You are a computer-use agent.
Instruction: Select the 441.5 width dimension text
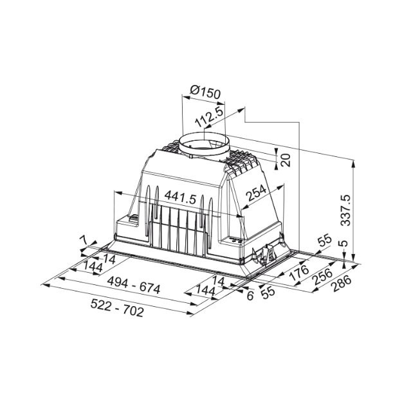pyautogui.click(x=181, y=198)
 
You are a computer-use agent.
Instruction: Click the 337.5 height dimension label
pyautogui.click(x=346, y=210)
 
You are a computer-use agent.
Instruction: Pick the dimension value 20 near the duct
pyautogui.click(x=286, y=160)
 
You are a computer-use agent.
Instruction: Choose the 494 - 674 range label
pyautogui.click(x=134, y=286)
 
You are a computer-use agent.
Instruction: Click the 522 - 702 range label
pyautogui.click(x=117, y=308)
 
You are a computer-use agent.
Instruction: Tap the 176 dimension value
pyautogui.click(x=299, y=273)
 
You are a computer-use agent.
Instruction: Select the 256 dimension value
pyautogui.click(x=323, y=277)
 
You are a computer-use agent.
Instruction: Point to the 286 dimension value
pyautogui.click(x=341, y=283)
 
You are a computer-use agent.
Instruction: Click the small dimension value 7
pyautogui.click(x=84, y=241)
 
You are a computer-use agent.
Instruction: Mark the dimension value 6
pyautogui.click(x=250, y=296)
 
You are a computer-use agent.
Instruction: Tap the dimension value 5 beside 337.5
pyautogui.click(x=345, y=243)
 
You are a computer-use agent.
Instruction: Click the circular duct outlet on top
pyautogui.click(x=204, y=144)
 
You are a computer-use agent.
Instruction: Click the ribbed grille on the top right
pyautogui.click(x=241, y=161)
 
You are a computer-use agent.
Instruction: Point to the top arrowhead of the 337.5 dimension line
pyautogui.click(x=354, y=162)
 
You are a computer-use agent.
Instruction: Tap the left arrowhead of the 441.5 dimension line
pyautogui.click(x=118, y=192)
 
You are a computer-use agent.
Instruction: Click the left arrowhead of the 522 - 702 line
pyautogui.click(x=46, y=284)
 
